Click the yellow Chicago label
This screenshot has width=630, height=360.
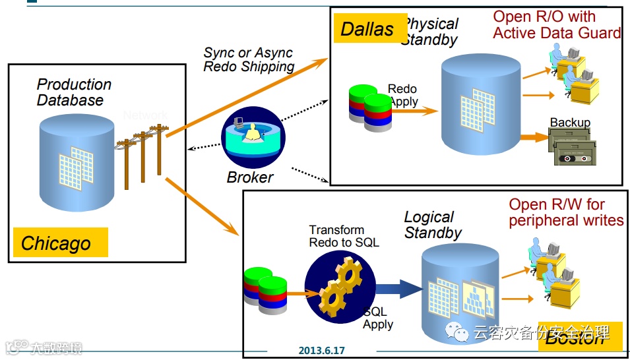[60, 243]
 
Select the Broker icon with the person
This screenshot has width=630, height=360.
[253, 139]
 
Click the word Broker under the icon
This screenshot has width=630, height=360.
[249, 177]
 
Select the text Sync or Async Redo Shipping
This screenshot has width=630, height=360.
[249, 59]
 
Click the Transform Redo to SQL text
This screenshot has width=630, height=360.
[344, 236]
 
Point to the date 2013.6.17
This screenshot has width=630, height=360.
[321, 351]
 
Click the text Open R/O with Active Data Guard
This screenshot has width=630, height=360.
[557, 25]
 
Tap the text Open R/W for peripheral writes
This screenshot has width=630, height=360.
[565, 212]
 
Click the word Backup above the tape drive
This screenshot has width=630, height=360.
[570, 123]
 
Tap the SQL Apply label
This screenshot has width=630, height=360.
[377, 318]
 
